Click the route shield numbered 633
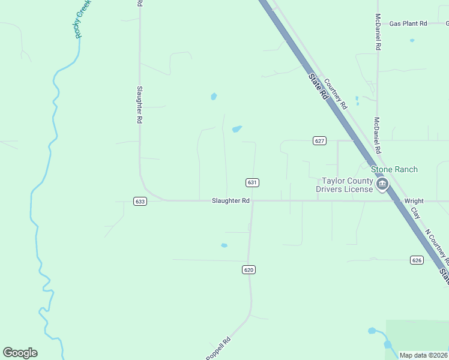(x=140, y=202)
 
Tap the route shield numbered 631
(x=252, y=182)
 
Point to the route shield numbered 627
(x=319, y=140)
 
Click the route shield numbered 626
(x=417, y=260)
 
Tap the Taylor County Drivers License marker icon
(x=382, y=185)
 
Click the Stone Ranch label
(x=393, y=170)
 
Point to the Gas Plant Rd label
(x=408, y=23)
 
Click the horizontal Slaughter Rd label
(x=230, y=201)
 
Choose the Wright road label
(x=414, y=201)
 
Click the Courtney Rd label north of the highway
(x=336, y=94)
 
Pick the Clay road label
(x=415, y=214)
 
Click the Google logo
(x=20, y=353)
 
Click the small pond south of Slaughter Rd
(x=224, y=245)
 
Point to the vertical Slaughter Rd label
(x=139, y=105)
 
